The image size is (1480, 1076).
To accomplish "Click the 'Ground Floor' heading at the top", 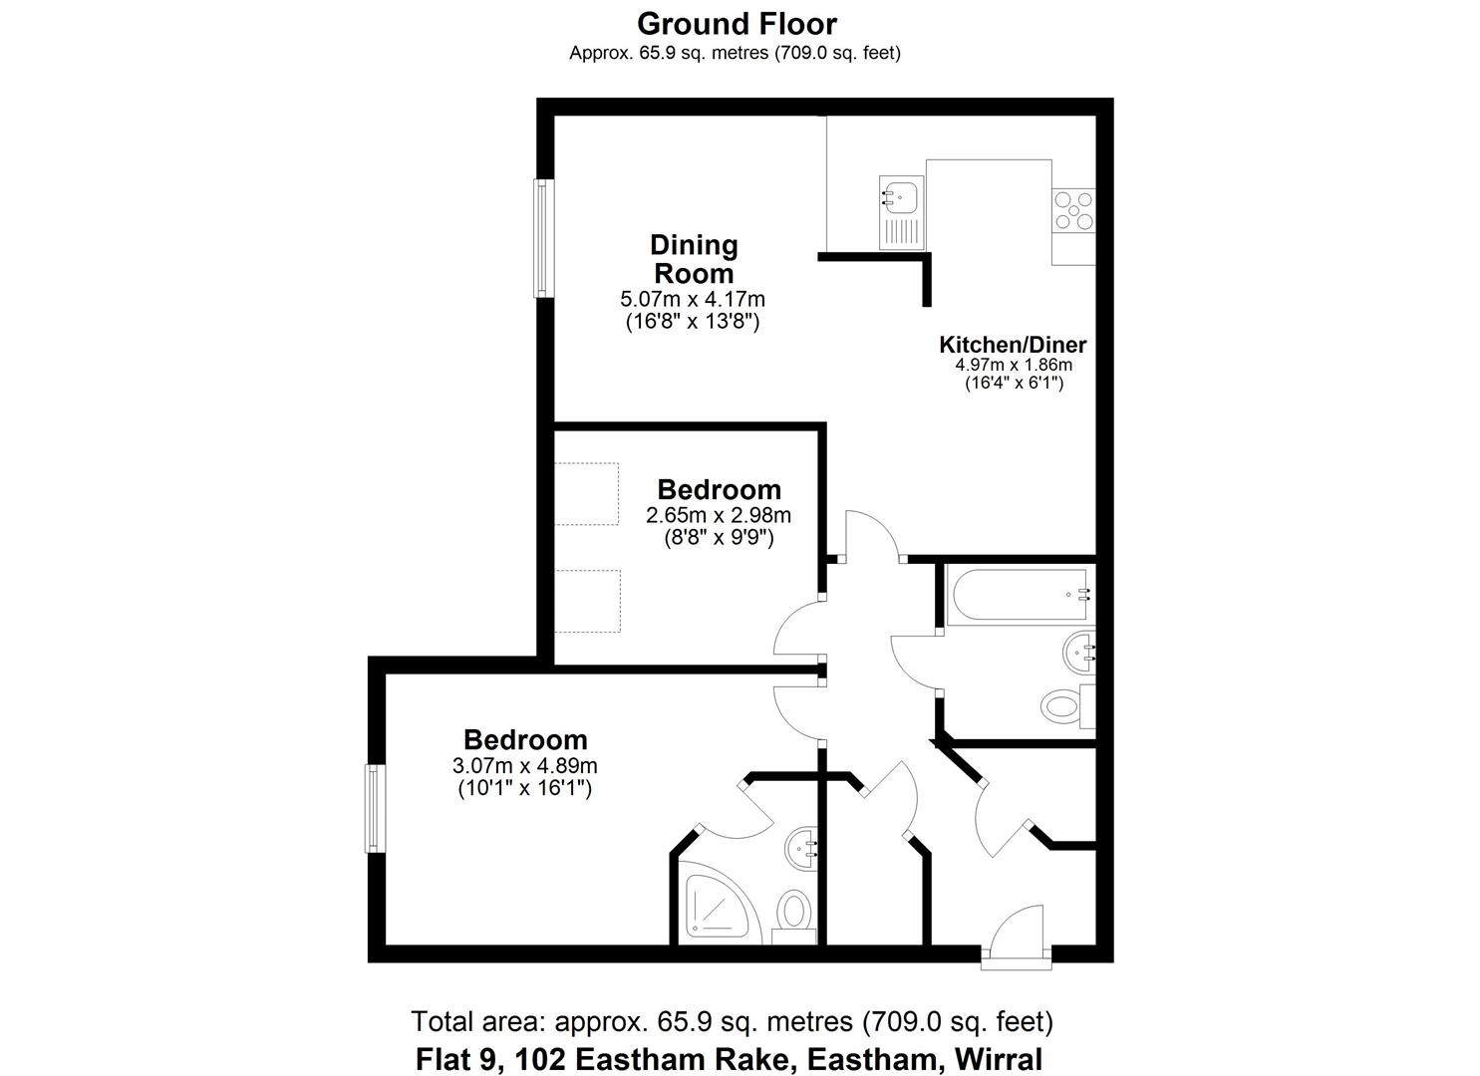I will (737, 23).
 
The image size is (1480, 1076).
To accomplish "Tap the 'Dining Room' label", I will (694, 259).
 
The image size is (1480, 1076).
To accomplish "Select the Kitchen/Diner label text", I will (1013, 345).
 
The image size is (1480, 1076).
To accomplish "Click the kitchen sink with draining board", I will (902, 213).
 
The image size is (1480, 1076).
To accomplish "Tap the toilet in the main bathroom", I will (1062, 707).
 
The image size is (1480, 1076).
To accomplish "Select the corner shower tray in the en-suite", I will (716, 901).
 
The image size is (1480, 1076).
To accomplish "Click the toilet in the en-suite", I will (794, 911).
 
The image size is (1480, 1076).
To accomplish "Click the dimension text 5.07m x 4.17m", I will (693, 299).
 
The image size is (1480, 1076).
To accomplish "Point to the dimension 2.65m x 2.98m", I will (719, 516).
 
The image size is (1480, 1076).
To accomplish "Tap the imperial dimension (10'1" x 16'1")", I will (524, 789).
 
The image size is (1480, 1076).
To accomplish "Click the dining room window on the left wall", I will (543, 238).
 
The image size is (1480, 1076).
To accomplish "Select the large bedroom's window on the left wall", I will (375, 807).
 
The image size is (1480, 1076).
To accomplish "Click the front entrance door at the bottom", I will (1016, 941).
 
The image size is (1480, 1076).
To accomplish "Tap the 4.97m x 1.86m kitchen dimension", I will (1014, 365).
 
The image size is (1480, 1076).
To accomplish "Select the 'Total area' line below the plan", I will (732, 1021).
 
